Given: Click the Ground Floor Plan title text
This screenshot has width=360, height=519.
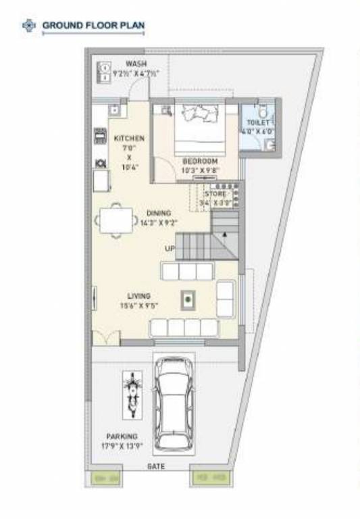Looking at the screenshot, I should coord(93,26).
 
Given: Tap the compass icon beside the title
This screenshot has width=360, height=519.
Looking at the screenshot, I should coord(28,26).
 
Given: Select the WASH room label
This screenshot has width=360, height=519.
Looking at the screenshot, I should coord(136,64).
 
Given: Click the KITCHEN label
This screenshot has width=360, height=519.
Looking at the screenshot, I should coord(129,138).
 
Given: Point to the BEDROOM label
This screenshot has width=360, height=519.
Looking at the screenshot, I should coord(200,161).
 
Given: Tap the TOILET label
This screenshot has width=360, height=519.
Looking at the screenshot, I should coord(258,123).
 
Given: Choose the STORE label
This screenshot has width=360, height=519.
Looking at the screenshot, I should coord(215,194).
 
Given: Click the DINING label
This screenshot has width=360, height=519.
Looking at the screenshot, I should coord(159,213).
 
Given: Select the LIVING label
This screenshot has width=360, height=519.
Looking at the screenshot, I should coord(139,296).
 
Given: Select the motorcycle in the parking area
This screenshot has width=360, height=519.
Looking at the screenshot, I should coord(132,395).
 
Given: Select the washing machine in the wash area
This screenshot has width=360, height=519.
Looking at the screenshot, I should coord(105,71).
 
